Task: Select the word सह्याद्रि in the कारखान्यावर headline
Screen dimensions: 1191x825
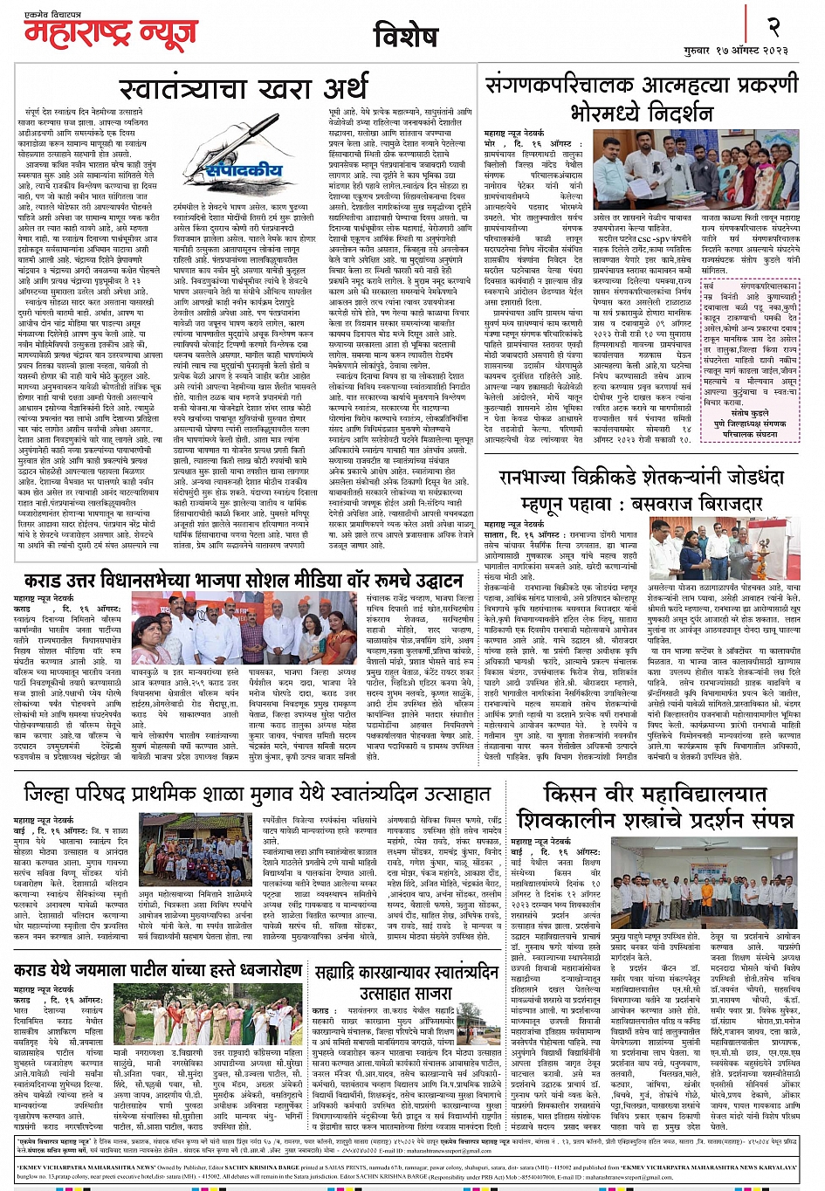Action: pos(341,973)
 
